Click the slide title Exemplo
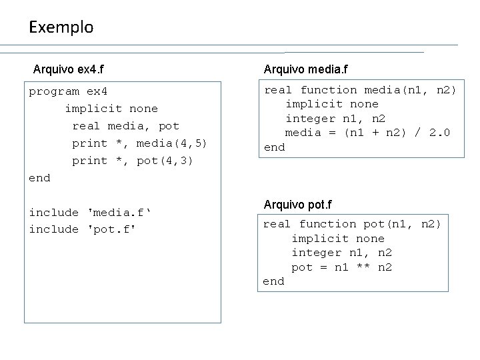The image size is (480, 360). click(61, 27)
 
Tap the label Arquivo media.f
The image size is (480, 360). click(305, 69)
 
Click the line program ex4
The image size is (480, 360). click(68, 91)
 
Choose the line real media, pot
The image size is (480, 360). click(126, 126)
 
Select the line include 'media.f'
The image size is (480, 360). click(91, 213)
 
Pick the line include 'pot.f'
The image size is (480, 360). click(82, 229)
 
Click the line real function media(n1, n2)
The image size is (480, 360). click(361, 89)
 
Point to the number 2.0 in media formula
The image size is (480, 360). click(439, 133)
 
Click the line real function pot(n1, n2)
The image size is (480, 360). click(353, 224)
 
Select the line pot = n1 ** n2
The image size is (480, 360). click(342, 267)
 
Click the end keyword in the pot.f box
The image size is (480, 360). click(273, 281)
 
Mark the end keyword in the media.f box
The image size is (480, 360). click(275, 147)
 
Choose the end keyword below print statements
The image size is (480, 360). click(39, 178)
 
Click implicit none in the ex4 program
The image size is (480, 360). click(111, 109)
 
